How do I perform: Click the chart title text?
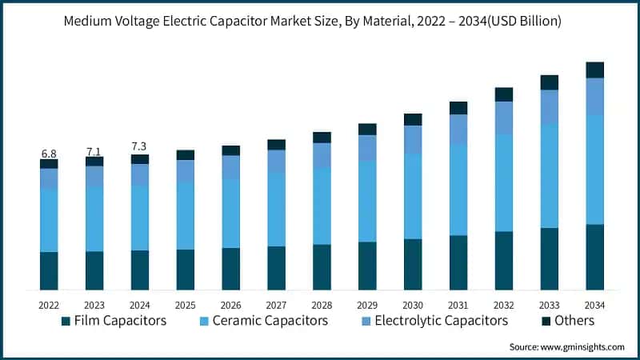click(x=320, y=22)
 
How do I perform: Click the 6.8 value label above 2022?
click(x=49, y=154)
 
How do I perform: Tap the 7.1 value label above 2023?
click(x=94, y=151)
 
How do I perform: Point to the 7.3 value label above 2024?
click(x=140, y=147)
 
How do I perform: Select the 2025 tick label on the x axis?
click(x=186, y=304)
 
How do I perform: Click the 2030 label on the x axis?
click(x=413, y=304)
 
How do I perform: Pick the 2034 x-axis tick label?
click(x=594, y=304)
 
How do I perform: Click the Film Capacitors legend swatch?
click(x=66, y=322)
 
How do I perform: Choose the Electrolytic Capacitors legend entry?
click(x=441, y=321)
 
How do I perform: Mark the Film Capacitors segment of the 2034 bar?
click(x=594, y=257)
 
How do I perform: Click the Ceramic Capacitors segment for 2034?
click(x=594, y=170)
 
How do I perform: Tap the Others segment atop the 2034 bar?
click(x=594, y=70)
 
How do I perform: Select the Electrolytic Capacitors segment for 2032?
click(x=503, y=118)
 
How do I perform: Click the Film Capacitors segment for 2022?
click(x=49, y=270)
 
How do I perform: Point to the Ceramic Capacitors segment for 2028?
click(x=322, y=206)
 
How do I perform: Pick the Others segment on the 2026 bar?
click(x=231, y=150)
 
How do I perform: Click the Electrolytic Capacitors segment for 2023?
click(x=94, y=177)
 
